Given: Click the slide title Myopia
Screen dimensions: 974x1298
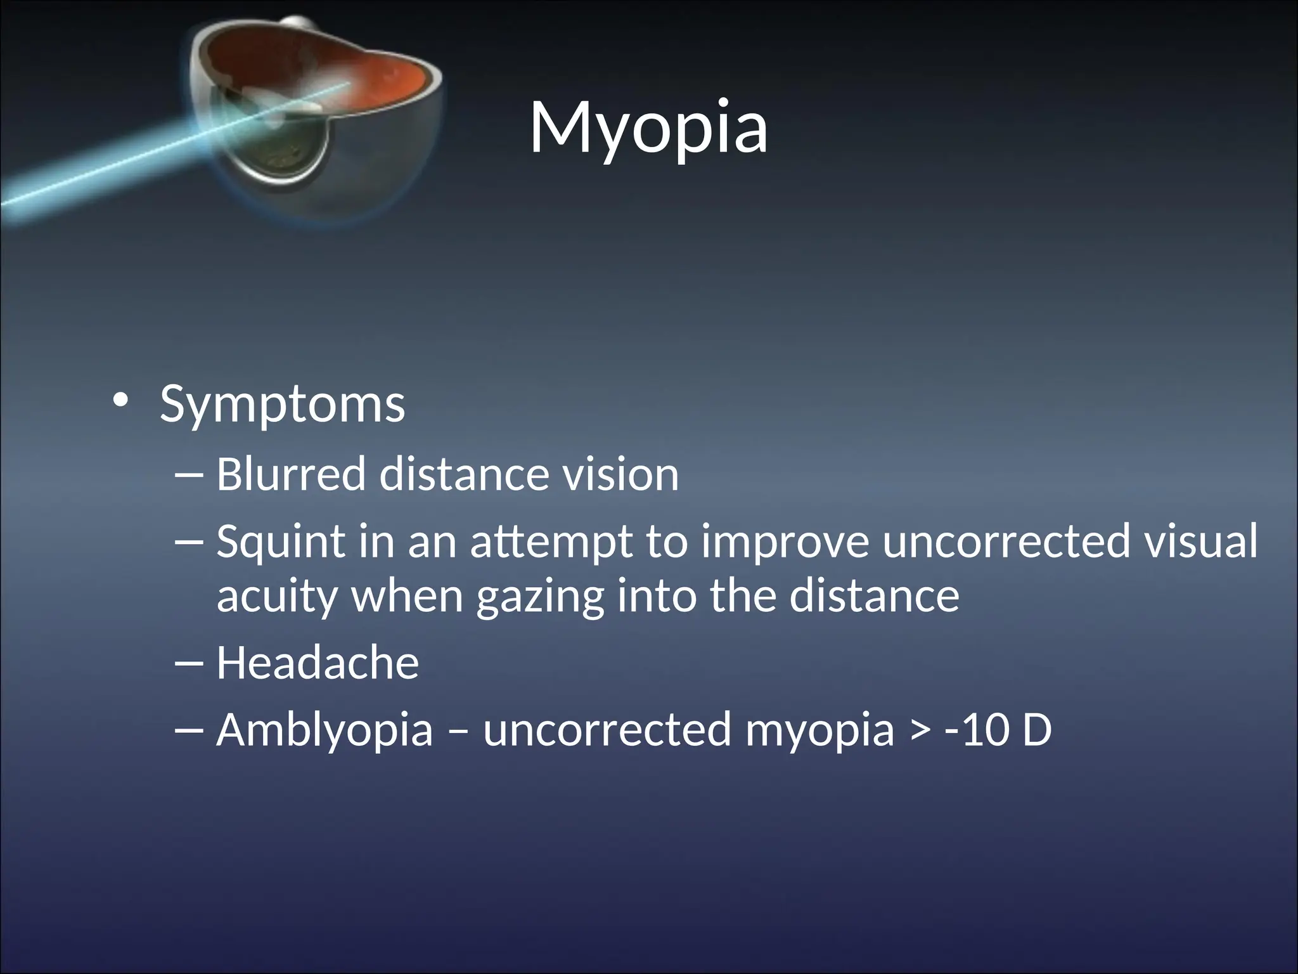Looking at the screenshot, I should pyautogui.click(x=648, y=129).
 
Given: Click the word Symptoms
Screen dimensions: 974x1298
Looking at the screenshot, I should pyautogui.click(x=282, y=404).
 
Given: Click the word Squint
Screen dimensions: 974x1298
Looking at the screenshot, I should pyautogui.click(x=281, y=543).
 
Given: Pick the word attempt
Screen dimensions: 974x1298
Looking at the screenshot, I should pyautogui.click(x=551, y=543).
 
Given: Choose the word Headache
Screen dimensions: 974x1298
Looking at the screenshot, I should pyautogui.click(x=318, y=663).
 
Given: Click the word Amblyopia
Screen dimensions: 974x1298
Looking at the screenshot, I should pyautogui.click(x=324, y=730).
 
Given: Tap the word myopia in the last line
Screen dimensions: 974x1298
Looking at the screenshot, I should pyautogui.click(x=819, y=730).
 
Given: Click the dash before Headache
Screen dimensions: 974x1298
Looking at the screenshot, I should pyautogui.click(x=188, y=663).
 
